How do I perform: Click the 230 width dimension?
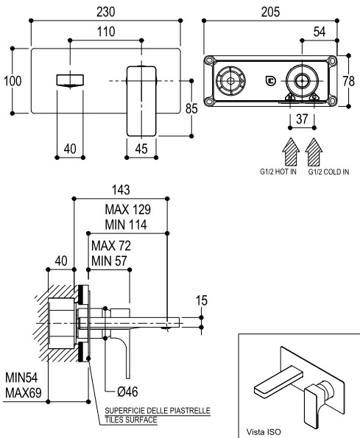tap(106, 12)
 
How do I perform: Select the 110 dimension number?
tap(106, 32)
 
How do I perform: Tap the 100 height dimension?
tap(13, 81)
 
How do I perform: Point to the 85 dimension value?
tap(191, 109)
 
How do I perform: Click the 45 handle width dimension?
tap(141, 149)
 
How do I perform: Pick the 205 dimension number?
tap(270, 12)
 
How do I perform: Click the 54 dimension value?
tap(320, 32)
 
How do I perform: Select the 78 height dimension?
tap(349, 81)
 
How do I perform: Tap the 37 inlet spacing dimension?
tap(302, 119)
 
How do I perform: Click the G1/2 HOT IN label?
tap(278, 172)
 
